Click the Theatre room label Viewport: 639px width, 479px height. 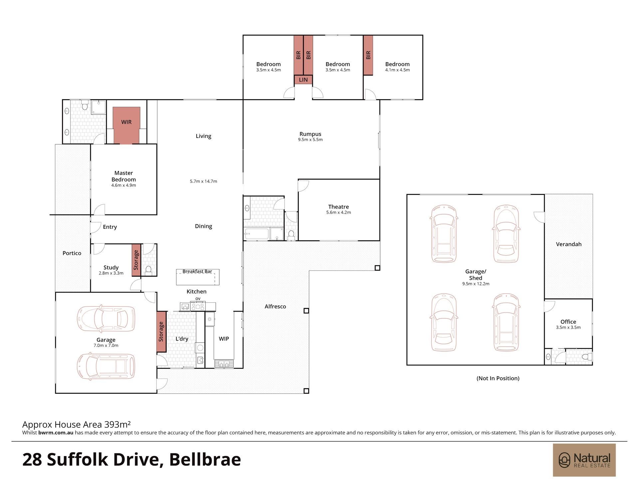pos(338,207)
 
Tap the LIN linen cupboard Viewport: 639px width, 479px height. pos(303,80)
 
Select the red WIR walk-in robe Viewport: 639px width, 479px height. pos(126,125)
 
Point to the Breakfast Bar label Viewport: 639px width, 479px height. pos(197,271)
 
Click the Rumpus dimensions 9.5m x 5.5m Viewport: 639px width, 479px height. pos(310,140)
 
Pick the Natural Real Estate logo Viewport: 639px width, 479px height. pos(584,460)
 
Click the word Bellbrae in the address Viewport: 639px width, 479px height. pos(205,459)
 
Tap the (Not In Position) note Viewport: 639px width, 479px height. pos(498,378)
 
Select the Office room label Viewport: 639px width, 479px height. pos(568,322)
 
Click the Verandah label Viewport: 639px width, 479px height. pos(569,244)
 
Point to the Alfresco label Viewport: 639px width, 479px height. pos(275,306)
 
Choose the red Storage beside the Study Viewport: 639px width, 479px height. pos(136,260)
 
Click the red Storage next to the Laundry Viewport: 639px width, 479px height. pos(161,332)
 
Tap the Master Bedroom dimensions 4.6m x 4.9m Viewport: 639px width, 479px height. pos(123,185)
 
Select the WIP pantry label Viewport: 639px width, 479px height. pos(224,339)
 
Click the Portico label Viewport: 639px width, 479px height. pos(72,253)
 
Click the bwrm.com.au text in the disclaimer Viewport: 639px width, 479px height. pos(56,433)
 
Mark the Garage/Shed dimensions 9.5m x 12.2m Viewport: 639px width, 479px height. pos(476,284)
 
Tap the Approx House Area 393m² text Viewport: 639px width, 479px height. pos(76,424)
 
